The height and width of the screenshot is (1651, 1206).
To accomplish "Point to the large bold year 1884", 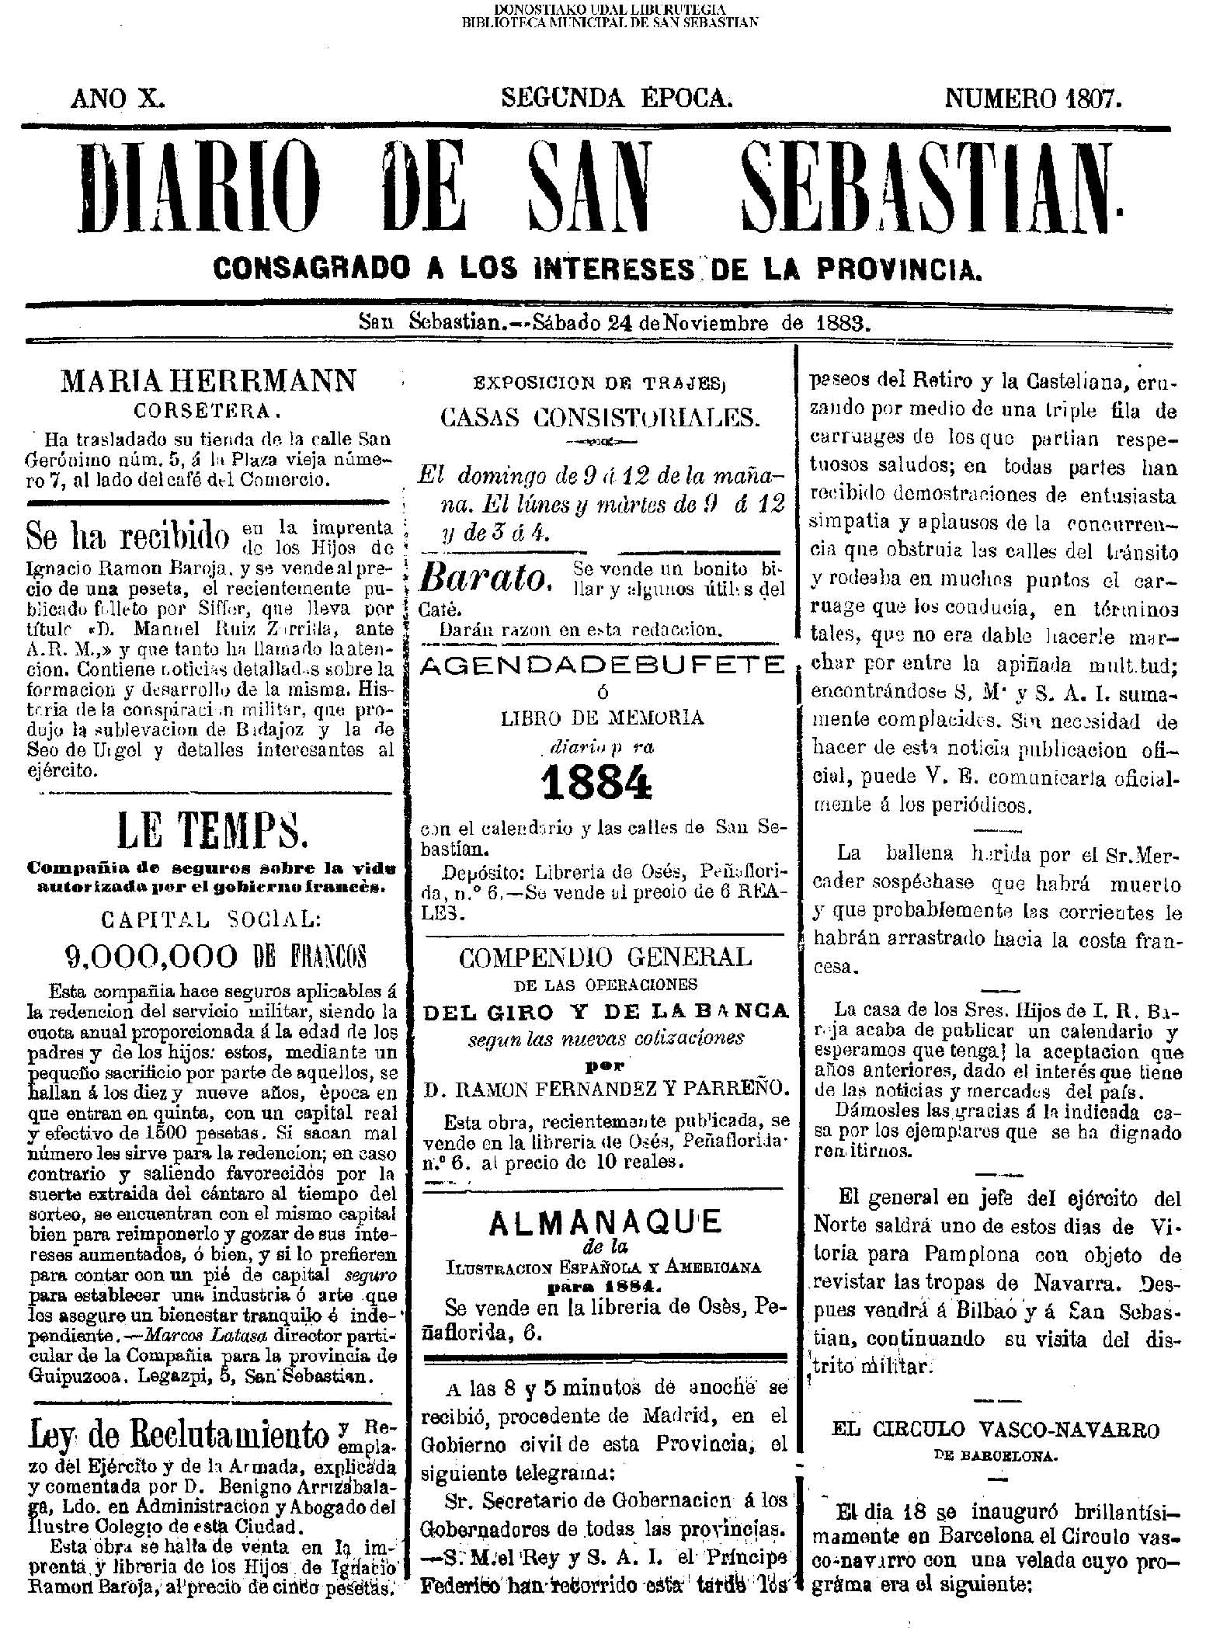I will [x=596, y=784].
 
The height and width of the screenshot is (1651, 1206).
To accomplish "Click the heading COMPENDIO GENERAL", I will [x=605, y=958].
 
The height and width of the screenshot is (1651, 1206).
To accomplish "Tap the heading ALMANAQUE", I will [x=605, y=1223].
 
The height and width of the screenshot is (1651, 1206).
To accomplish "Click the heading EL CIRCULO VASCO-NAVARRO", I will [x=996, y=1430].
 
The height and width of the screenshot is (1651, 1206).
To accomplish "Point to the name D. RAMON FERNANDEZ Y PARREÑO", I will [x=605, y=1087].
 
